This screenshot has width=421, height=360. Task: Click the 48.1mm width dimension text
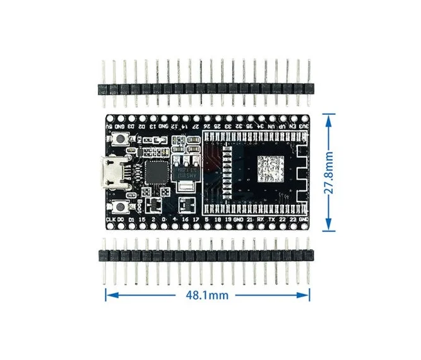(208, 294)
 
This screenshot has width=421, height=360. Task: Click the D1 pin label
(132, 219)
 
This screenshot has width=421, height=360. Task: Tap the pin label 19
(227, 219)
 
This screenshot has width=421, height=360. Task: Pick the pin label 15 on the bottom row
(143, 219)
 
